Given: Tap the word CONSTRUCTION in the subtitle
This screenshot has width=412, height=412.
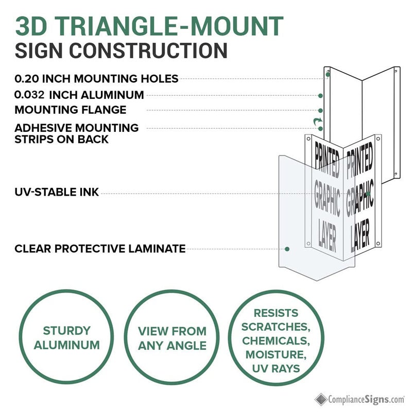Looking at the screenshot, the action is click(148, 50).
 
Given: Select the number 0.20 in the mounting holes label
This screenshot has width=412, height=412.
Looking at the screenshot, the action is click(27, 79).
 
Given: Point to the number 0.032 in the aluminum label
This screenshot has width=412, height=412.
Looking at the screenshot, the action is click(29, 95).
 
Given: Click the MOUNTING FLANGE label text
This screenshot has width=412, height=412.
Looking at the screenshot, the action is click(71, 110).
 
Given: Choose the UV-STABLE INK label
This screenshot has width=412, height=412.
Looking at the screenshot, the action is click(57, 192).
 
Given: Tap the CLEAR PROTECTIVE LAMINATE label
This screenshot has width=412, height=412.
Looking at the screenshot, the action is click(100, 249).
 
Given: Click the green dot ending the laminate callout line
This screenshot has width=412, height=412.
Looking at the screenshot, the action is click(287, 249).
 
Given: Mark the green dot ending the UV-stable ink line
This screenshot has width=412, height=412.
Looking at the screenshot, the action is click(368, 194).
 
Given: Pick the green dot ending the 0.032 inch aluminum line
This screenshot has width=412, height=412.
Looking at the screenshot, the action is click(320, 96).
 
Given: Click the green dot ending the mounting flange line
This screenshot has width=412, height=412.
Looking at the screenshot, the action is click(320, 111).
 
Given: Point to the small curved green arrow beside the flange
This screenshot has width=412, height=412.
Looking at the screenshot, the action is click(318, 122).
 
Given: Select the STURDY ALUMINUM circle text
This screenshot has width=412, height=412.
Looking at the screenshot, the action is click(67, 338).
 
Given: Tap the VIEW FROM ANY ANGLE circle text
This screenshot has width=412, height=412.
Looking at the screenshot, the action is click(172, 338).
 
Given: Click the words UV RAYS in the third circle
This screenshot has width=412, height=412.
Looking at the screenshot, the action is click(276, 368).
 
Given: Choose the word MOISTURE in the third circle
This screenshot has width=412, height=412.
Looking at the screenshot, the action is click(276, 354).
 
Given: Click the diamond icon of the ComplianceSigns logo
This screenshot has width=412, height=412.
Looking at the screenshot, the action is click(321, 400).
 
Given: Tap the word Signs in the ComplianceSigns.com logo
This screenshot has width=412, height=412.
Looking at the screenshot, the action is click(376, 400).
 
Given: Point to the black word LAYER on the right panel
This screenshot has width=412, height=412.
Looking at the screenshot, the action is click(360, 235).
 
